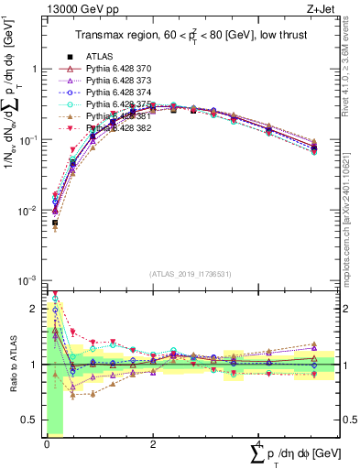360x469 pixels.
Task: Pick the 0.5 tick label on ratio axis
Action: [33, 421]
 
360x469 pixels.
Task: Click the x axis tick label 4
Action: [259, 442]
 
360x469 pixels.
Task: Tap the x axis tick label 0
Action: [47, 442]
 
